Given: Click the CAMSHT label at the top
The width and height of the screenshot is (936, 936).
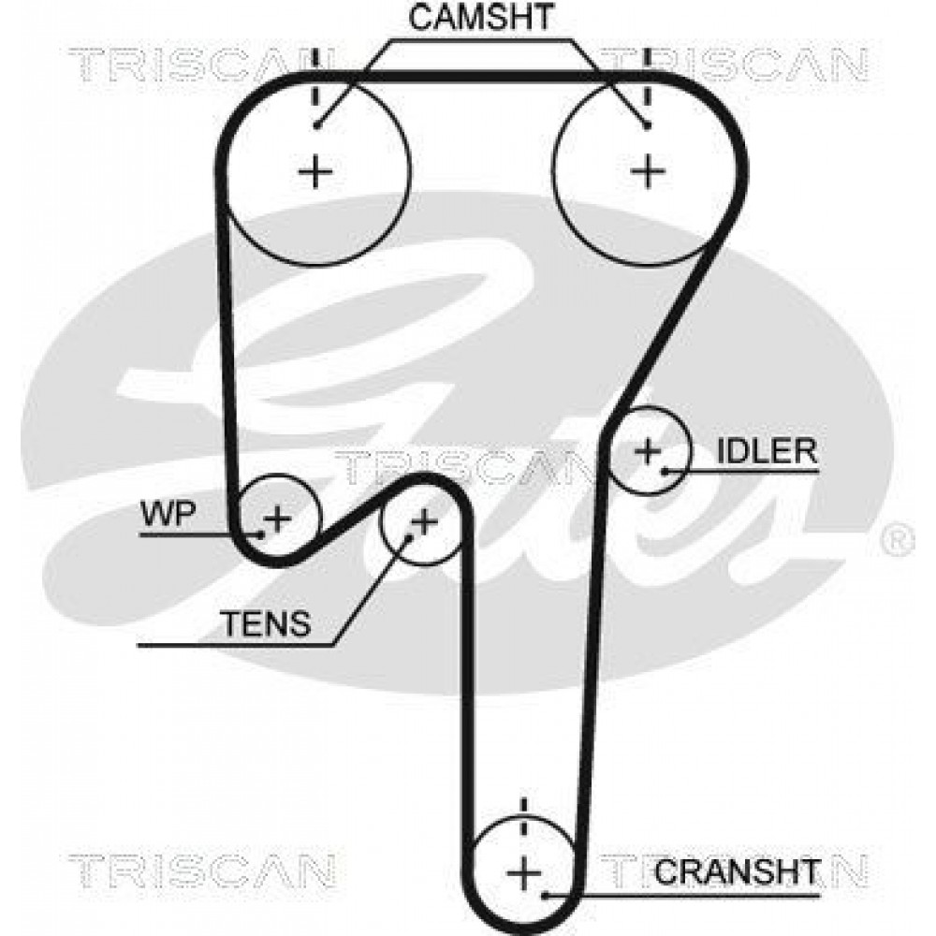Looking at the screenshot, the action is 480,17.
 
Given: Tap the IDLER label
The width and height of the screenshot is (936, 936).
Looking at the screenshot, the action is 767,451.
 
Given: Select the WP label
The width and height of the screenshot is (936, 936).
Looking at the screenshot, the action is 168,513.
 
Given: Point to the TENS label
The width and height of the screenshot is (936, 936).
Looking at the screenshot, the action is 266,623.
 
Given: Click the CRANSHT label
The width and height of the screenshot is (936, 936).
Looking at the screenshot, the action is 738,872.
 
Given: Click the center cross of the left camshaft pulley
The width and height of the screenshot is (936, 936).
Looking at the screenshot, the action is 315,172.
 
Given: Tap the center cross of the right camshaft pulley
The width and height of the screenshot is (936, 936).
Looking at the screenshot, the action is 648,172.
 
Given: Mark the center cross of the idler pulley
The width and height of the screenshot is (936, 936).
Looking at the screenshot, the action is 649,451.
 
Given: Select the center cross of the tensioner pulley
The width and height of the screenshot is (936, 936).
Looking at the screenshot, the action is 424,523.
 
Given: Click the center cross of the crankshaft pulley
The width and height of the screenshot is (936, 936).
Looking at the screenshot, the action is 524,872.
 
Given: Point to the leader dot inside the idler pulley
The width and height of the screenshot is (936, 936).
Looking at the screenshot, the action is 665,472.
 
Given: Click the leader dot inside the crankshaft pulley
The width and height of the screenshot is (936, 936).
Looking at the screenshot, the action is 545,896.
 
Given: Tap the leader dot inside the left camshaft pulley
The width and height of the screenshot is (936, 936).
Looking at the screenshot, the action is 317,124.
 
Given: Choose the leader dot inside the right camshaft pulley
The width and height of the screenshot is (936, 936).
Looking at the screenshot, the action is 647,125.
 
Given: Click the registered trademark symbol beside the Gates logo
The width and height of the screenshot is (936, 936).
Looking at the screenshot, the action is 898,540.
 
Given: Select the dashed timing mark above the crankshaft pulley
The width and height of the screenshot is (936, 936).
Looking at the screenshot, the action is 524,819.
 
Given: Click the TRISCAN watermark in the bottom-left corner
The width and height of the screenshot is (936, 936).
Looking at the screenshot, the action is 201,870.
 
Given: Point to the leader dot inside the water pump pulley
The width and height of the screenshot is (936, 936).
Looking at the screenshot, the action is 261,534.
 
